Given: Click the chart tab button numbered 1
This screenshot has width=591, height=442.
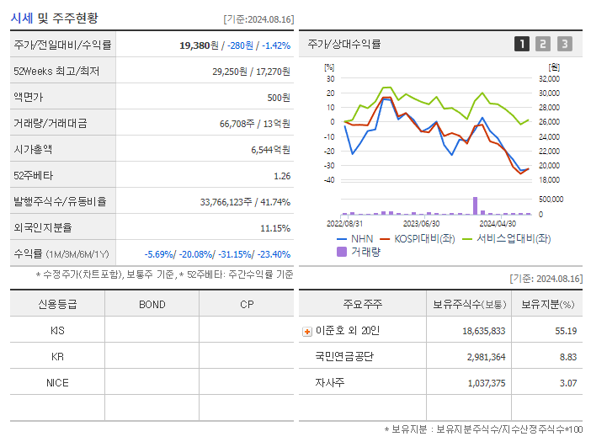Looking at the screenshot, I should (522, 44).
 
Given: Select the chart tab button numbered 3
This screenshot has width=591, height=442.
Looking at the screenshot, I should (564, 44).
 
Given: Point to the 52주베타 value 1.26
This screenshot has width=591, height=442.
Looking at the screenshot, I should (282, 176).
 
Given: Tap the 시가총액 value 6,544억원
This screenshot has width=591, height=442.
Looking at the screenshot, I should (270, 150).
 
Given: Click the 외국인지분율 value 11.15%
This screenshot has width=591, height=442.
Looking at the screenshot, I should (275, 228).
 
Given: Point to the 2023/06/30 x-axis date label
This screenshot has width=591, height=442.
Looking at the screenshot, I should (422, 224).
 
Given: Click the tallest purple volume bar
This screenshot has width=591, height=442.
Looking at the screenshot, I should (475, 205).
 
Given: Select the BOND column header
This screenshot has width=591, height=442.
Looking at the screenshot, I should (152, 304).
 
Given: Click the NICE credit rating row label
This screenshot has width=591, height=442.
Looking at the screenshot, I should (57, 382).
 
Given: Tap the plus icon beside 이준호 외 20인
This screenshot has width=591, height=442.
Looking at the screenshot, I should (307, 331).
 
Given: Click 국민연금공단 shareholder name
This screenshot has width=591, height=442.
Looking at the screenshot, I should (344, 357).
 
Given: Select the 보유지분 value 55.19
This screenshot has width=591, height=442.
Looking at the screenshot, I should (566, 331).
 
